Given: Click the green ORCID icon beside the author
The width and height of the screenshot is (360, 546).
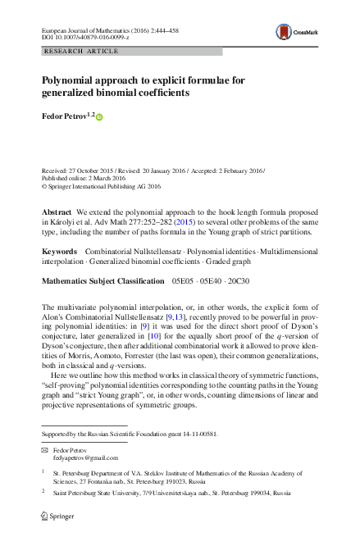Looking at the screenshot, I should [x=100, y=118].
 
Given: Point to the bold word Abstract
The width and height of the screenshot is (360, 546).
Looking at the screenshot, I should [x=56, y=212].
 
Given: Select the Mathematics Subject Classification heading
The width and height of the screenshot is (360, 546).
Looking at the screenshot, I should [x=103, y=281].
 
